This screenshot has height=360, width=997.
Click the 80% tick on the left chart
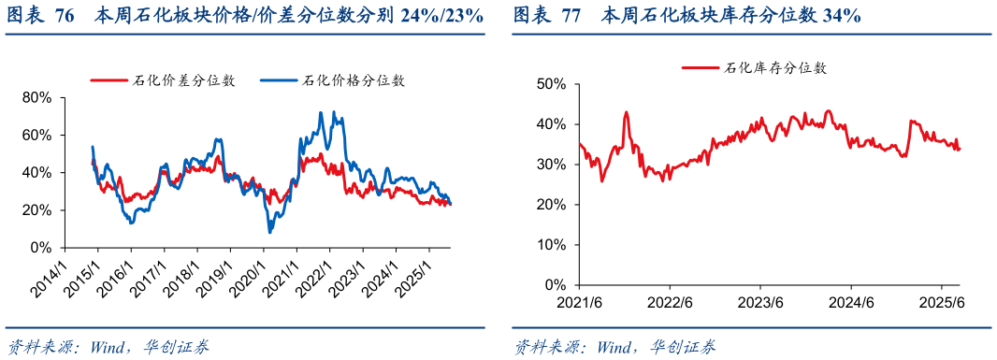36,97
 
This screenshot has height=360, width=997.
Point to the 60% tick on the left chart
36,135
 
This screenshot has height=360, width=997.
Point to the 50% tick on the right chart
553,83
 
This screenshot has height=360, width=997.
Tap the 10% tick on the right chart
553,244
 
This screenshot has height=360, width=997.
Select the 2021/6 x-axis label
579,302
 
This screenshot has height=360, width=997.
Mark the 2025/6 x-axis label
941,302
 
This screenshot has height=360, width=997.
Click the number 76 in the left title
65,16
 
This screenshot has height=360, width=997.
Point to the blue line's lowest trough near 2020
270,232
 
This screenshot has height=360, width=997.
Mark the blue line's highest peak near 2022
321,113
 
